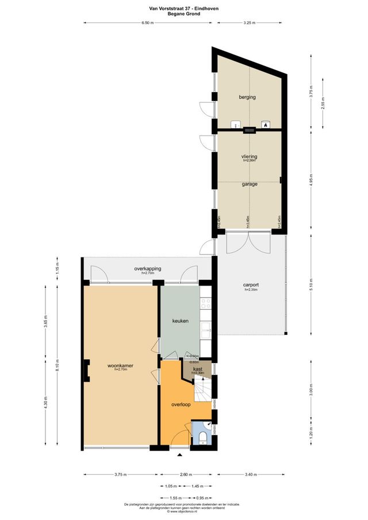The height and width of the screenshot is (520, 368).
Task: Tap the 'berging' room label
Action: (x=247, y=97)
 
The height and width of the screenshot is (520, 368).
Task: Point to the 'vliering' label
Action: (x=249, y=156)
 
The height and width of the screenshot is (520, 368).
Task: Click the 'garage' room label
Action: (x=249, y=184)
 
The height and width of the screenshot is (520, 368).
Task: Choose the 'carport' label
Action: (x=251, y=284)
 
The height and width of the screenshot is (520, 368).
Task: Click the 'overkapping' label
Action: (x=148, y=269)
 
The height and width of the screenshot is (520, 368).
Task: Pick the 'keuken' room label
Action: (x=181, y=321)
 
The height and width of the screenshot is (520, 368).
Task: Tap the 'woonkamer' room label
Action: (x=120, y=365)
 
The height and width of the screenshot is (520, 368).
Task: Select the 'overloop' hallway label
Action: (x=181, y=405)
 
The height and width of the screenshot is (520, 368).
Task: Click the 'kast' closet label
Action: (x=197, y=369)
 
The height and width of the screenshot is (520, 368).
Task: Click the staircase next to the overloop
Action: (x=202, y=392)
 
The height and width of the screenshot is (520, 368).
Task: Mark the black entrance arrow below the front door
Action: (x=179, y=454)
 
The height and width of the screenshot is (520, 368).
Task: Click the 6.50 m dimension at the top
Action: (x=148, y=23)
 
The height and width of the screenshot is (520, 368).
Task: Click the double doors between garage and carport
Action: (x=248, y=242)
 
